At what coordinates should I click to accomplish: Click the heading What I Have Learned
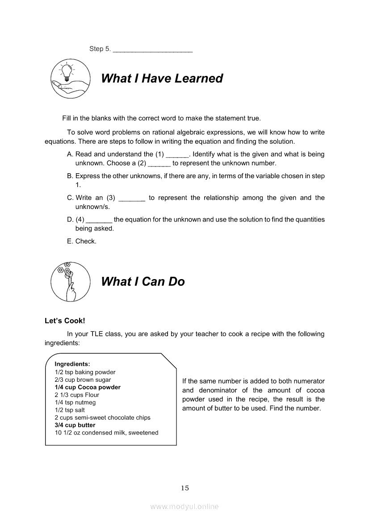point(162,79)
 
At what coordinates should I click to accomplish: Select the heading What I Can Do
point(143,282)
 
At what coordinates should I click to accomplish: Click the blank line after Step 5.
point(153,50)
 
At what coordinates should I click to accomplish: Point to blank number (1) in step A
point(177,155)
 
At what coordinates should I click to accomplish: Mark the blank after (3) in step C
point(132,199)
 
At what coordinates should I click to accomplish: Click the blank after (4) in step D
point(99,221)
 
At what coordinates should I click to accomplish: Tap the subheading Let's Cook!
point(65,321)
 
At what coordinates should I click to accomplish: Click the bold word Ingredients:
point(72,364)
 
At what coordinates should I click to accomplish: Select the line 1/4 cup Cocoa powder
point(88,387)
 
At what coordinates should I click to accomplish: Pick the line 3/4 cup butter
point(75,425)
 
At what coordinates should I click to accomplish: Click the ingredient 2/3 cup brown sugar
point(83,380)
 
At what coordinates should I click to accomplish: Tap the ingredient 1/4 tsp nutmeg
point(75,402)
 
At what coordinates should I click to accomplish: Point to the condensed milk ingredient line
point(106,433)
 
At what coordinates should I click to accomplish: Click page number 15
point(185,488)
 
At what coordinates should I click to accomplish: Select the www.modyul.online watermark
point(184,506)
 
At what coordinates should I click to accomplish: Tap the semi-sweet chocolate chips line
point(102,418)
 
